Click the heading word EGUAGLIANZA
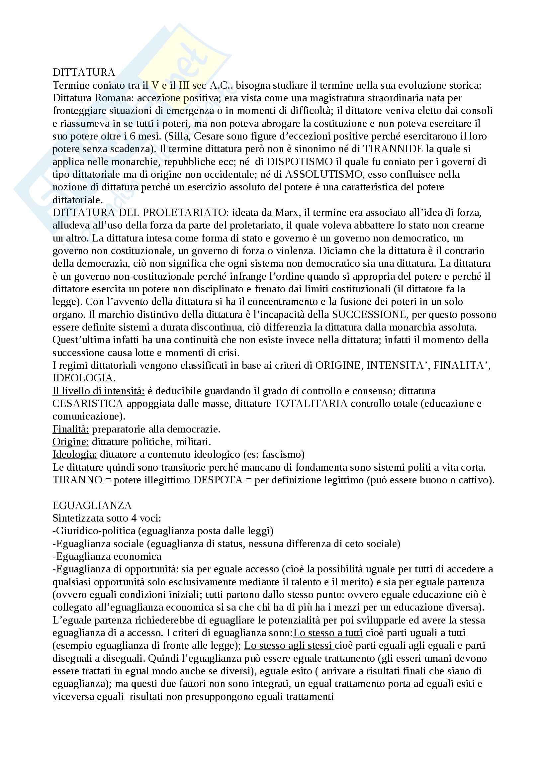(92, 506)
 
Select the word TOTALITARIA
(311, 404)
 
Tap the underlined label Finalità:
(71, 430)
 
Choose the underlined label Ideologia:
(75, 454)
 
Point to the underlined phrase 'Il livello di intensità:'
(98, 391)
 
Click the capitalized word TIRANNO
(77, 480)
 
